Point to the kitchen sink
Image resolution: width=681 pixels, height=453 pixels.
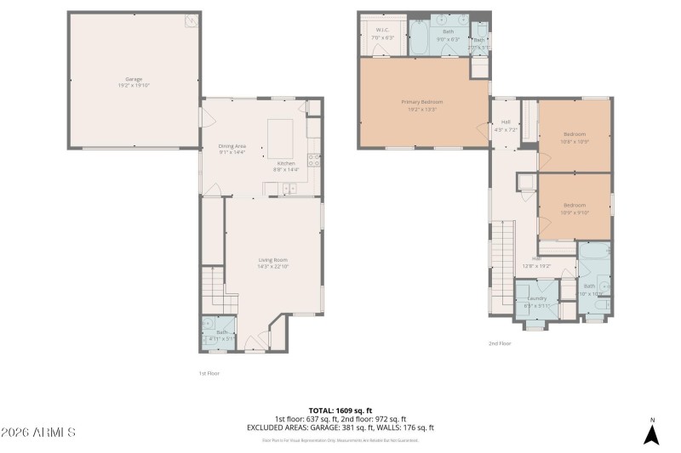(x=289, y=189)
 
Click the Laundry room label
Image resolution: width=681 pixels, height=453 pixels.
(x=536, y=298)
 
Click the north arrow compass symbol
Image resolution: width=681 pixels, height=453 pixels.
(x=651, y=433)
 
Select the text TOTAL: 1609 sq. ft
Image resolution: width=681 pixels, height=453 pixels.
(x=340, y=410)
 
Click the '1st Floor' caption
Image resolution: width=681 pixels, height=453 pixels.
(x=209, y=372)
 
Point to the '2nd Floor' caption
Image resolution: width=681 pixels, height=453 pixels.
(x=499, y=343)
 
